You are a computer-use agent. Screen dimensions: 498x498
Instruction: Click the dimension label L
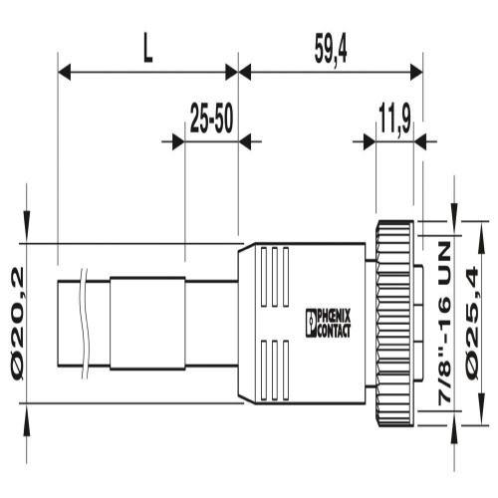pos(148,53)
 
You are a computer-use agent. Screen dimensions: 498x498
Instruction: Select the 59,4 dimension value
pos(331,53)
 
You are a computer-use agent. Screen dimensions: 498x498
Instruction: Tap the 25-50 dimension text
pos(211,119)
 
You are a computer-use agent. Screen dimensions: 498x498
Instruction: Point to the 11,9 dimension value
pos(394,119)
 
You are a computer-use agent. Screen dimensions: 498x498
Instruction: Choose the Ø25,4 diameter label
pos(472,323)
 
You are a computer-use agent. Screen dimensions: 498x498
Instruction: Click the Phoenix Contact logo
pos(328,324)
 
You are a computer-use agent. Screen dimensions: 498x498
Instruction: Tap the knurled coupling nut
pos(394,324)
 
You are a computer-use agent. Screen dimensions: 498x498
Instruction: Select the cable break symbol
pos(86,324)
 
